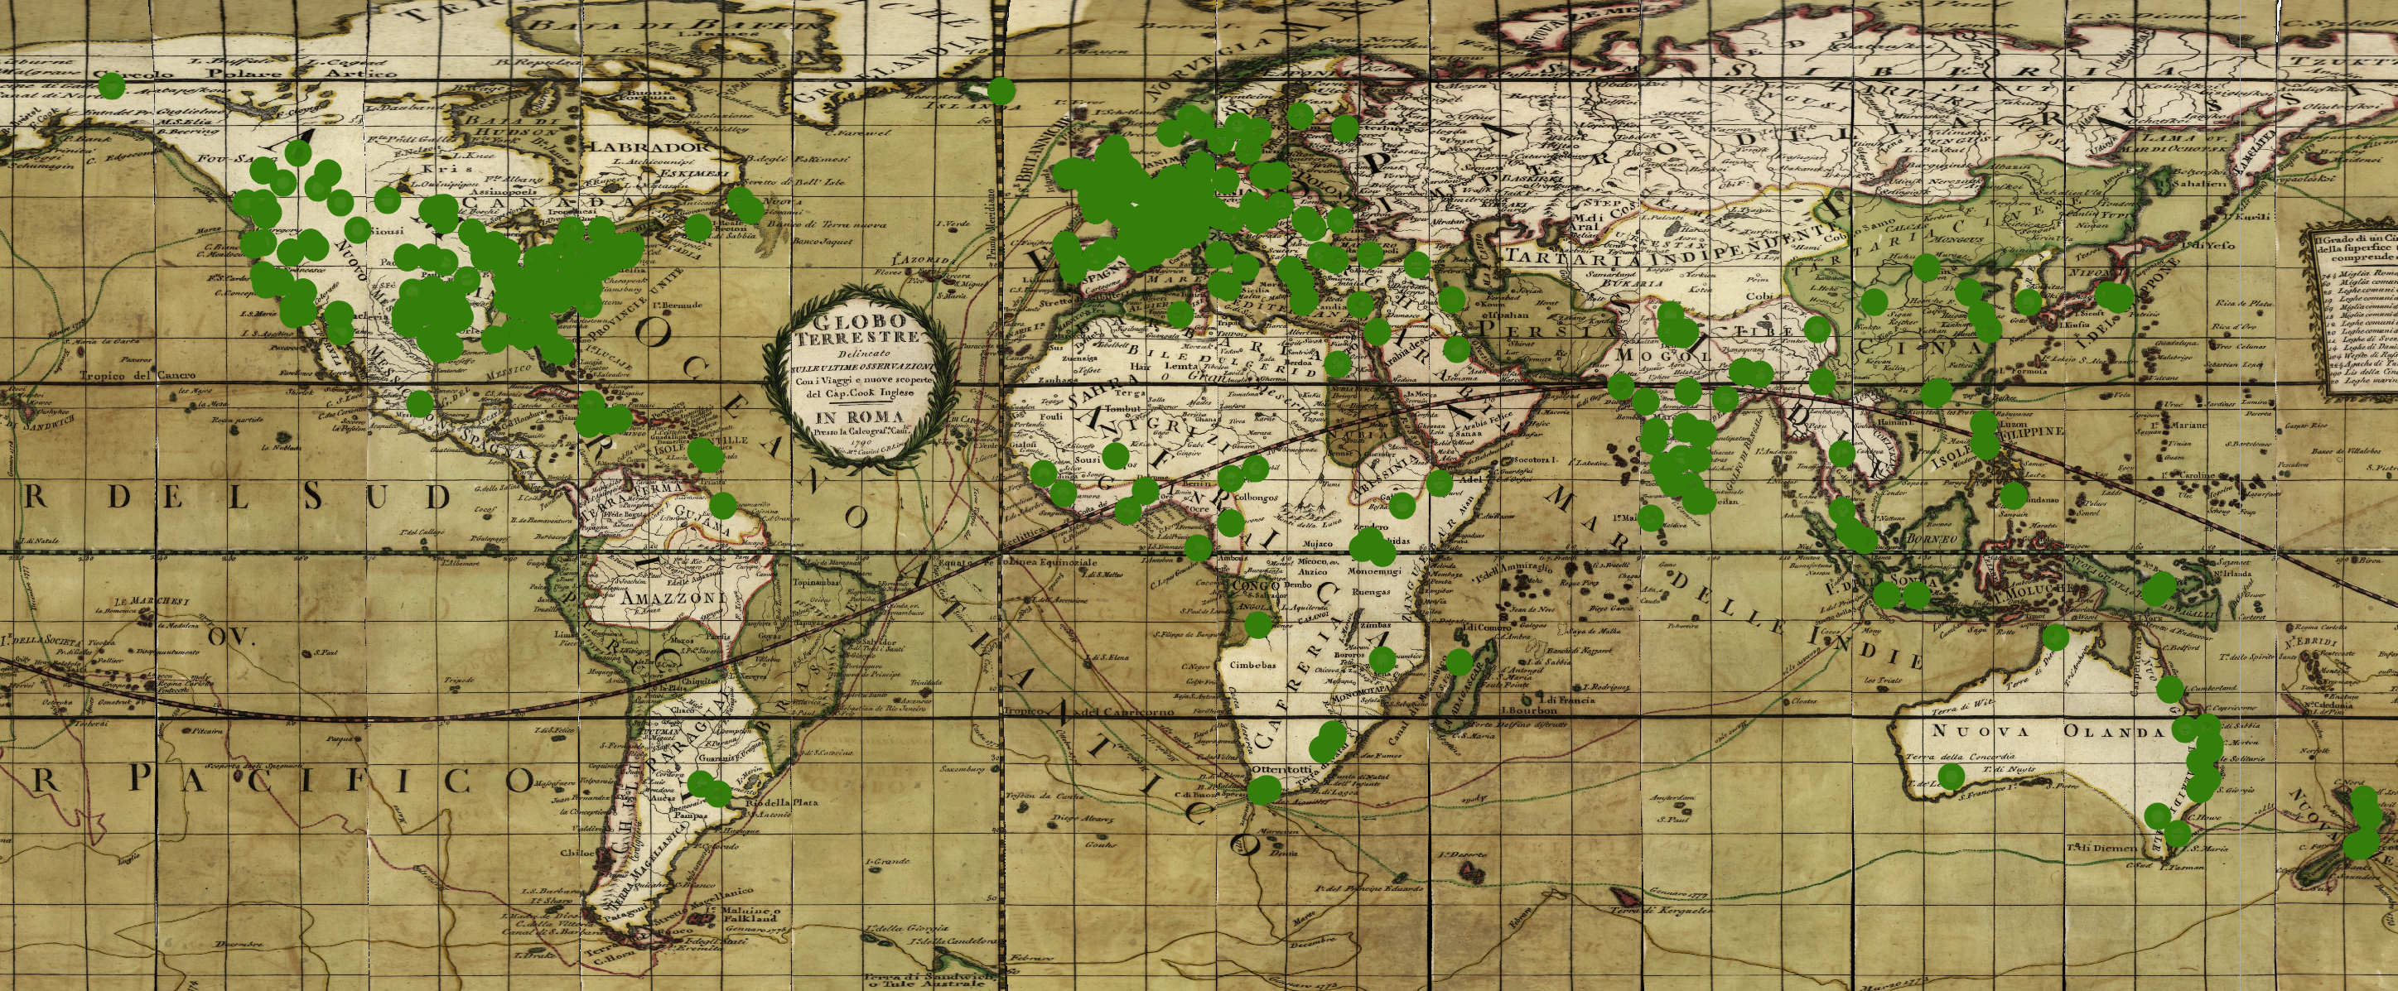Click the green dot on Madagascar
[1459, 662]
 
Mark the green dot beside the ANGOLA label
[1257, 623]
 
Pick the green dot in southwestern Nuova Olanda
[1952, 775]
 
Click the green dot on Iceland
[1001, 91]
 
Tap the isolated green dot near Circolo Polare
[112, 85]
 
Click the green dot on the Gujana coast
[722, 505]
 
